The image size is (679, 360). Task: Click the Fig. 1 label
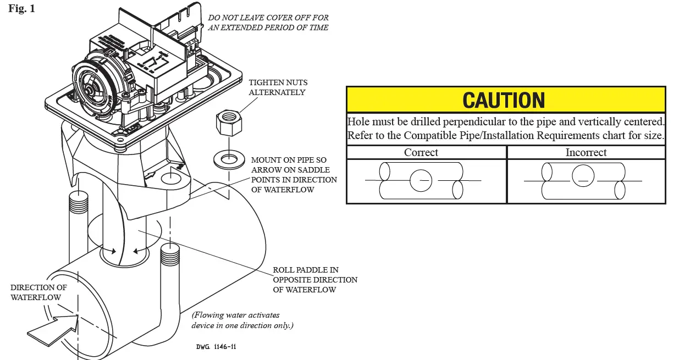22,9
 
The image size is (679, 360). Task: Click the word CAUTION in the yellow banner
504,100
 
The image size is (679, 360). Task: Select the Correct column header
421,153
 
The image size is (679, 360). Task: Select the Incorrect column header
586,153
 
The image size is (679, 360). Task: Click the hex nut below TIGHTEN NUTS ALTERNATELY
227,123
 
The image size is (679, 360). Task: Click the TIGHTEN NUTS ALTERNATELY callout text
277,87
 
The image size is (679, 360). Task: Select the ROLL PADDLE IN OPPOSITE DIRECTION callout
315,280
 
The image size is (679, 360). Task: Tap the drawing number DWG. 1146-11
216,347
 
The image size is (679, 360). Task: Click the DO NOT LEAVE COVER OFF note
268,23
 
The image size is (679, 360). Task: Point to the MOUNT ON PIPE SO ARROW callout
294,175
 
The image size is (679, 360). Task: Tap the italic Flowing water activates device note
242,320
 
